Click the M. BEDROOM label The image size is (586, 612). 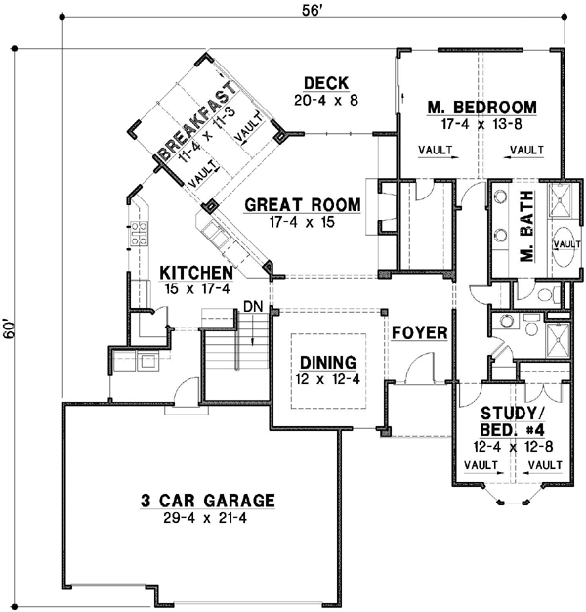(482, 107)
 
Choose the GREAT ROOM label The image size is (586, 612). (302, 205)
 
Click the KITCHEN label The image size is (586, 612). (196, 272)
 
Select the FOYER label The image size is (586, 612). (420, 333)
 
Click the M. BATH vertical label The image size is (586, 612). (525, 239)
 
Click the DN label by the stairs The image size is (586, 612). (252, 307)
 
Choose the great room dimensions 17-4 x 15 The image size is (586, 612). (302, 223)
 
